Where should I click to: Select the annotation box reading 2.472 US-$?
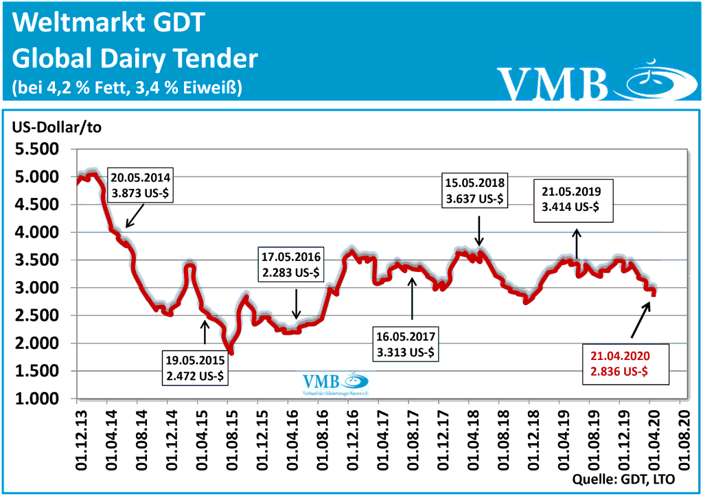(x=196, y=367)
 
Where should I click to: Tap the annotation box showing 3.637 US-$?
(x=475, y=192)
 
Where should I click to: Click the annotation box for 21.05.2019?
(x=571, y=201)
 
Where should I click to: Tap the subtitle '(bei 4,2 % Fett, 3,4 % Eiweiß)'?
(x=127, y=88)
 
